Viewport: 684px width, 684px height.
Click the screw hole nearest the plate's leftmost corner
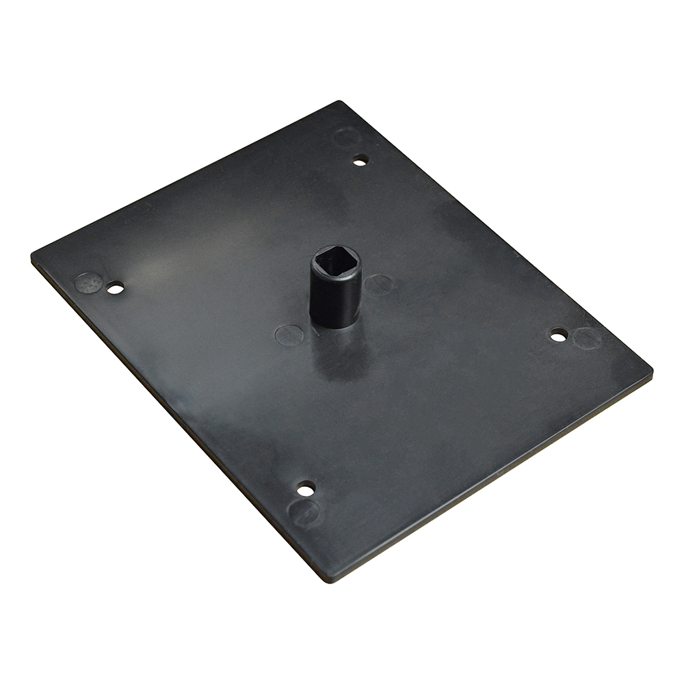click(x=116, y=288)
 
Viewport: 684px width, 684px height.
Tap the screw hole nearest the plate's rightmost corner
click(x=559, y=335)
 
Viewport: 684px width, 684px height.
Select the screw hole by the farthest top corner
click(x=360, y=161)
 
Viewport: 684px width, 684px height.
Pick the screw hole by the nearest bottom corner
click(x=306, y=488)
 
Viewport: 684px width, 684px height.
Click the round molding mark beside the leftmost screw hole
click(x=88, y=282)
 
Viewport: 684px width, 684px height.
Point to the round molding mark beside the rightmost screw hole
click(x=586, y=338)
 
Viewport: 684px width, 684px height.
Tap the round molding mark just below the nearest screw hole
click(x=303, y=512)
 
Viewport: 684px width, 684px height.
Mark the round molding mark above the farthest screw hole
click(x=347, y=136)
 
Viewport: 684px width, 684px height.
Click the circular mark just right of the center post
click(x=378, y=285)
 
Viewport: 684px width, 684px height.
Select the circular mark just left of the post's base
click(x=289, y=335)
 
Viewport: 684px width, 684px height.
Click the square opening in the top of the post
click(x=335, y=262)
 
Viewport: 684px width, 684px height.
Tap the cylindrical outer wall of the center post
click(x=335, y=298)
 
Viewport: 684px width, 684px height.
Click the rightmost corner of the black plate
click(x=650, y=373)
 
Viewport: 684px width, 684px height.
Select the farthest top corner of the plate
click(x=339, y=103)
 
